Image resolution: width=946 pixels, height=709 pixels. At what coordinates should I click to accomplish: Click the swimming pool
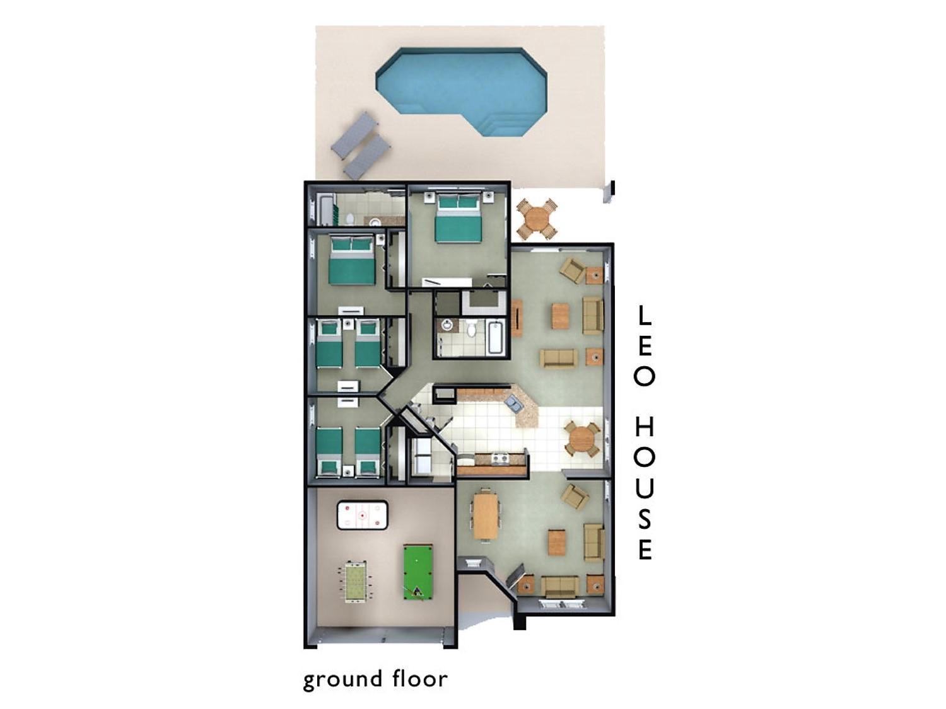[461, 90]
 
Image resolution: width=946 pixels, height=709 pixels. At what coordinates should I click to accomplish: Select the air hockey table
[362, 515]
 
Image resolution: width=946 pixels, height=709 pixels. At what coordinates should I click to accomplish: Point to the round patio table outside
[537, 219]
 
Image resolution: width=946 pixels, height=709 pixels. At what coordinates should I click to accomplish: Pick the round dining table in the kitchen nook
[582, 439]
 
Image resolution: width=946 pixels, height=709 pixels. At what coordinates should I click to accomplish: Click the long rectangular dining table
[486, 515]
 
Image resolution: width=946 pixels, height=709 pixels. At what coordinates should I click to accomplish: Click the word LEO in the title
[645, 345]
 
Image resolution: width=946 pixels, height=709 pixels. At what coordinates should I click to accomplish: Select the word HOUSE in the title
[645, 488]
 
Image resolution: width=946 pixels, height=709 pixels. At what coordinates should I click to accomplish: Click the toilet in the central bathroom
[472, 329]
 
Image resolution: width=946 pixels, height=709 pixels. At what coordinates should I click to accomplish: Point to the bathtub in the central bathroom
[495, 337]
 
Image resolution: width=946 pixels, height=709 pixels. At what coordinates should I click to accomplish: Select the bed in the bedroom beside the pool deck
[457, 218]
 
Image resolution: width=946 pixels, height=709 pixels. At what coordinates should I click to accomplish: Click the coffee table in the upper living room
[561, 316]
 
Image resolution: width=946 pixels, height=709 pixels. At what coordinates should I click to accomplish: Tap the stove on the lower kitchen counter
[499, 458]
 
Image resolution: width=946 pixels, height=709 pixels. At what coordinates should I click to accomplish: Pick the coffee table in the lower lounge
[556, 543]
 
